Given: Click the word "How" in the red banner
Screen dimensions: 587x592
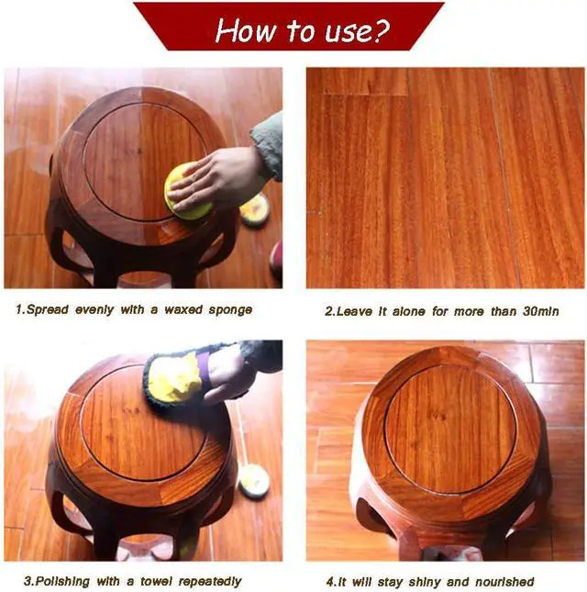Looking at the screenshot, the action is point(246,29).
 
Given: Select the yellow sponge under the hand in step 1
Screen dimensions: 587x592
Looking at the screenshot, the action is point(186,192).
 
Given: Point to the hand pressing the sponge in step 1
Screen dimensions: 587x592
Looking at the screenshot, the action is point(215,177).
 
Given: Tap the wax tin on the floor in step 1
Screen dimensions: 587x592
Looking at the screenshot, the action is point(255,208).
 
